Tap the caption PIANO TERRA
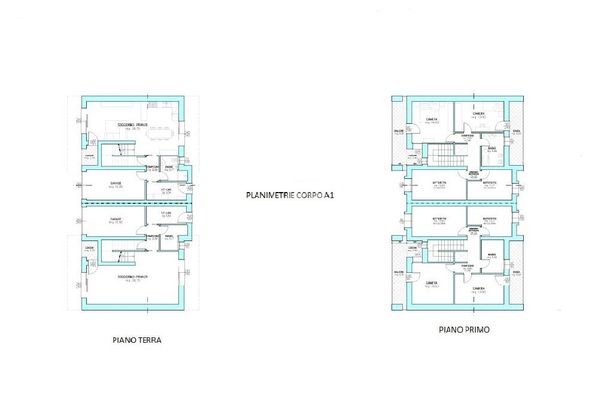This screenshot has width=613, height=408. [x=137, y=340]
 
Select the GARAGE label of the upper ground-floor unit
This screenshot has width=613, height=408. [x=116, y=184]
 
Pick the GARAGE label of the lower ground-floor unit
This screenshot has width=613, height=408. [x=116, y=220]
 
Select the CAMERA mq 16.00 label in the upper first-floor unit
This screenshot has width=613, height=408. [x=431, y=120]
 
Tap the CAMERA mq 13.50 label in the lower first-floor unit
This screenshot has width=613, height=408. [x=479, y=290]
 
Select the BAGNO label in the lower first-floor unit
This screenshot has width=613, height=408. [x=492, y=255]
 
